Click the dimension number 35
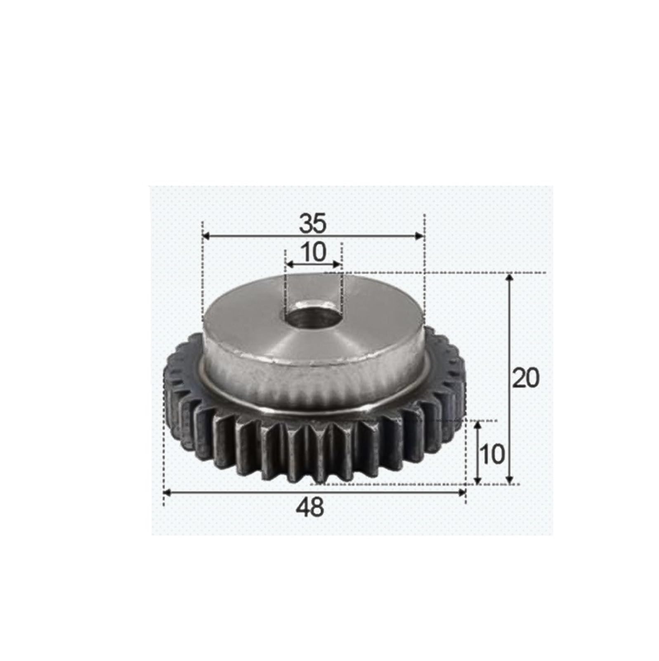point(312,224)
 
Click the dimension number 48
point(310,507)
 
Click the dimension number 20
point(525,378)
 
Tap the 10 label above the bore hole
point(314,252)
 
